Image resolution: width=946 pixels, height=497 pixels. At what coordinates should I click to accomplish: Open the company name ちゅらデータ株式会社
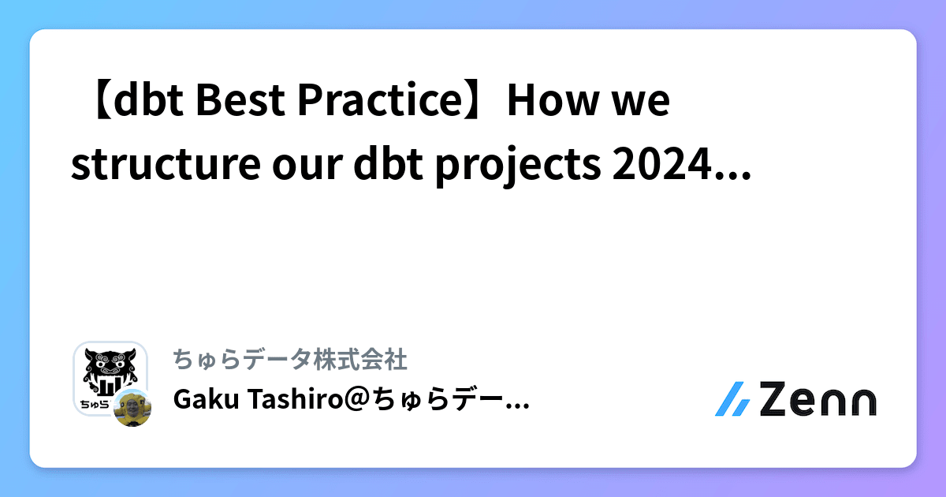coord(289,360)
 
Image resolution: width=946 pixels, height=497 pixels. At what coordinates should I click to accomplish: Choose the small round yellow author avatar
coord(132,407)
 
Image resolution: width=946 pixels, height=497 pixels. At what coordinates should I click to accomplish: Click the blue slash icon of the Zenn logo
coord(732,399)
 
